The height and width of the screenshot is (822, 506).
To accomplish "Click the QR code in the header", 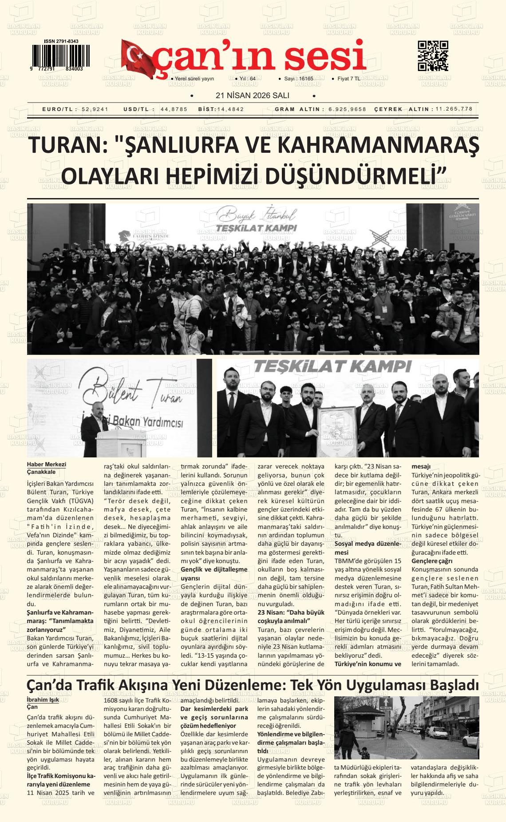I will (433, 56).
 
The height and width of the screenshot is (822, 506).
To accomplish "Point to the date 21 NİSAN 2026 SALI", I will (252, 95).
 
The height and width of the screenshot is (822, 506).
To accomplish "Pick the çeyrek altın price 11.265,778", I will (454, 109).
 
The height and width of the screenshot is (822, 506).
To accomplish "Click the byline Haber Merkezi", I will (47, 465).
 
